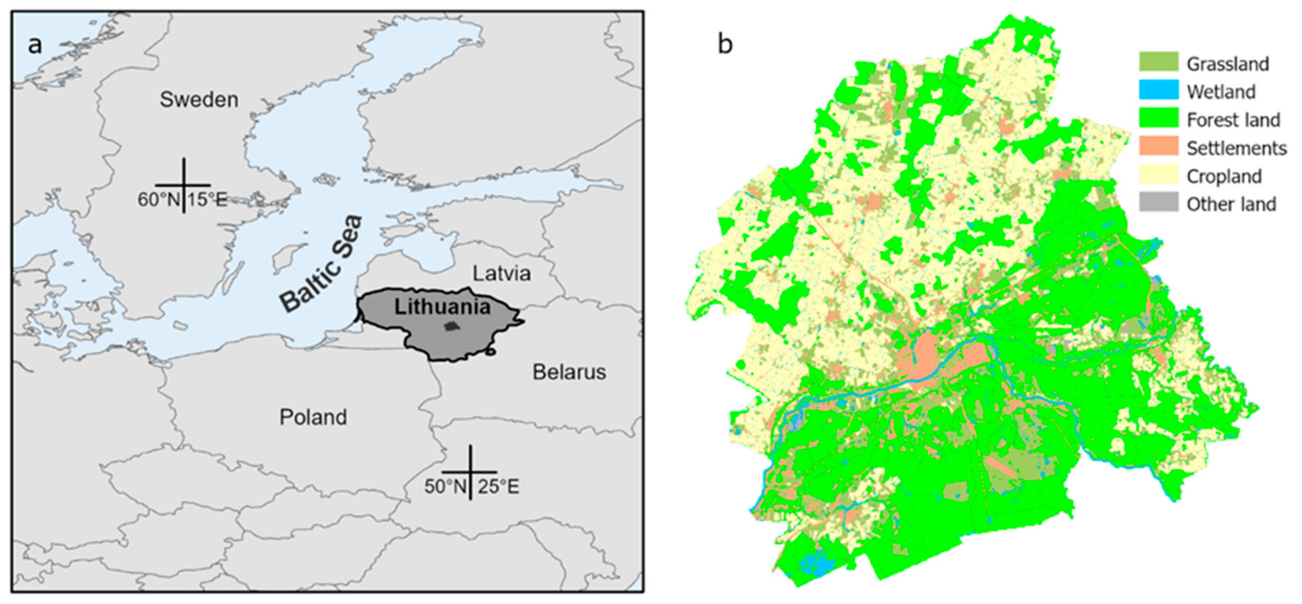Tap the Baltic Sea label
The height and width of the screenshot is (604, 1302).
(322, 264)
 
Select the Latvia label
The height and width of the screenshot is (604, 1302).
(501, 273)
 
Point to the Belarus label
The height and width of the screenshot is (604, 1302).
(569, 372)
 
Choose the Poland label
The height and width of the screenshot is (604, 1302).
(313, 417)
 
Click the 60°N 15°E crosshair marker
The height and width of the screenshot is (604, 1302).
(183, 185)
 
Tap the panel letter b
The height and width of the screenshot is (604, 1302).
(725, 46)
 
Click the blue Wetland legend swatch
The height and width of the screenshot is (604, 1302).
(1158, 90)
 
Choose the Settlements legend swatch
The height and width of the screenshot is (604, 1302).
(1158, 146)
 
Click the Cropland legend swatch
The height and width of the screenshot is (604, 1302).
(1158, 174)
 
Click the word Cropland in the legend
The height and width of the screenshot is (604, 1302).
(1224, 177)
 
